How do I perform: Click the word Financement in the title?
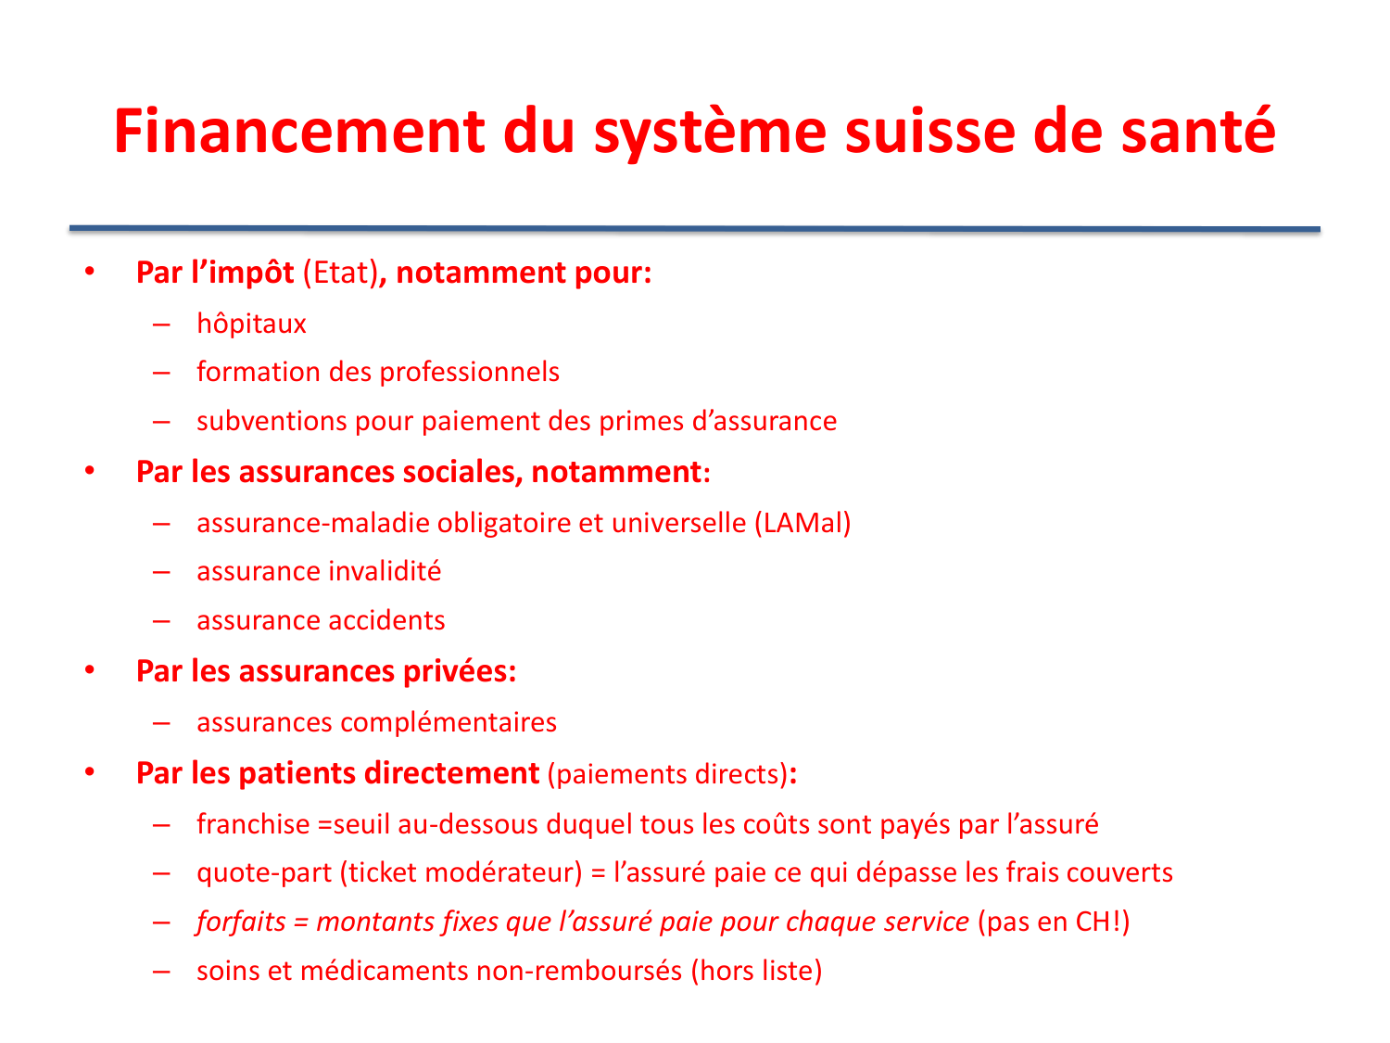pyautogui.click(x=298, y=132)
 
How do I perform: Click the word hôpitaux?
pyautogui.click(x=251, y=324)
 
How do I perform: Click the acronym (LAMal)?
pyautogui.click(x=802, y=523)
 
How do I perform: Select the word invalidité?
pyautogui.click(x=380, y=571)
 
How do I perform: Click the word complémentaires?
pyautogui.click(x=449, y=722)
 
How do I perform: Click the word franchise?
pyautogui.click(x=253, y=824)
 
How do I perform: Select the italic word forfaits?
pyautogui.click(x=241, y=922)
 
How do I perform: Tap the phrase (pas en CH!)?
pyautogui.click(x=1054, y=922)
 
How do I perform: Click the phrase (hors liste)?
pyautogui.click(x=756, y=971)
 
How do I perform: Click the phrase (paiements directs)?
pyautogui.click(x=667, y=774)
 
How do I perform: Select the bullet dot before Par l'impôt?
pyautogui.click(x=90, y=273)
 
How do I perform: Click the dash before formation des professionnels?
pyautogui.click(x=162, y=373)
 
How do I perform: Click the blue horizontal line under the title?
pyautogui.click(x=695, y=228)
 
